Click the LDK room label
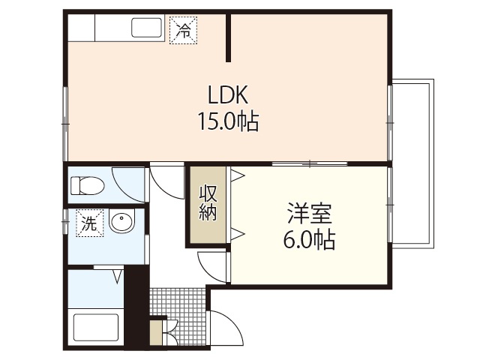tap(228, 95)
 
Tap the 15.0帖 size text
tap(228, 121)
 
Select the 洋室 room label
tap(309, 214)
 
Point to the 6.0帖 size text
tap(309, 240)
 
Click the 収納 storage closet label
tap(208, 202)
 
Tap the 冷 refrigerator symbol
tap(183, 31)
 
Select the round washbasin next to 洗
tap(121, 223)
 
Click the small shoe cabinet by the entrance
tap(156, 331)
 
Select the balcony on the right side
tap(412, 163)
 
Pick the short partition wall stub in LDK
tap(229, 37)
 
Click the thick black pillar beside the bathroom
tap(135, 307)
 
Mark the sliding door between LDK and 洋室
tap(308, 163)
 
